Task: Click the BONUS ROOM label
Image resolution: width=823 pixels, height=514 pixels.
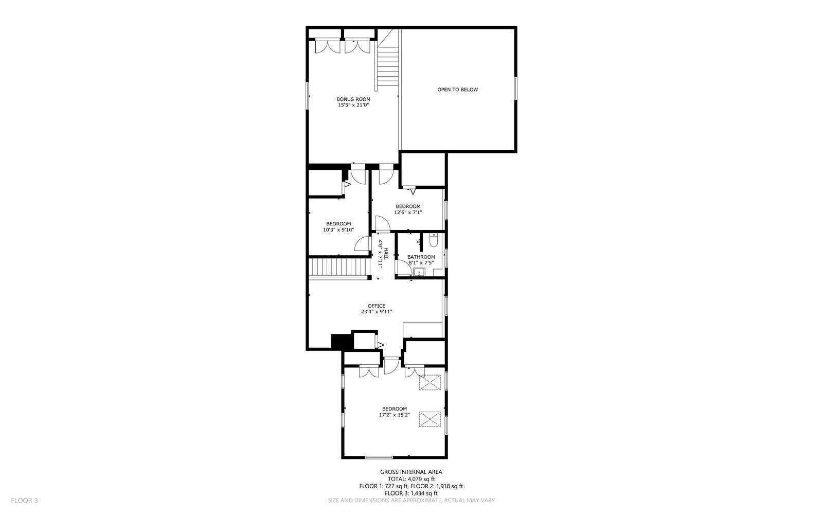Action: pos(353,99)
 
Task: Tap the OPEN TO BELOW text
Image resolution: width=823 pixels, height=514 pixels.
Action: pos(457,90)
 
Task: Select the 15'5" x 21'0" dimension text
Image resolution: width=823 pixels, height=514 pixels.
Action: pos(353,105)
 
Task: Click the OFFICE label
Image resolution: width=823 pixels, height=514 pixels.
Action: pos(377,306)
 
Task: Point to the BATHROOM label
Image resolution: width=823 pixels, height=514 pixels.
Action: pos(421,257)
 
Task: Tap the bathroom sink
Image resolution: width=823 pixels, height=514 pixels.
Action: pos(419,272)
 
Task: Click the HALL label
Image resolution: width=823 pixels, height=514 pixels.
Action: pos(386,253)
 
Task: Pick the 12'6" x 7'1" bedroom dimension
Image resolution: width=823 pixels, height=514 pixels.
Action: pos(408,212)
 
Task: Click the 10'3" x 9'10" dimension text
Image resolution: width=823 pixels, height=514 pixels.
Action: pos(338,230)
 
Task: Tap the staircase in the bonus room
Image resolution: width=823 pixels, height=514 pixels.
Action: pos(388,58)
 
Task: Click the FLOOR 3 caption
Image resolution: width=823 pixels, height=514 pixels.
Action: pos(24,501)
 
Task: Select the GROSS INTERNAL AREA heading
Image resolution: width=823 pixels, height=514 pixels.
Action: pos(411,472)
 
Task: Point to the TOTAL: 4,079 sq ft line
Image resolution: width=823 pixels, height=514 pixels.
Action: pos(411,479)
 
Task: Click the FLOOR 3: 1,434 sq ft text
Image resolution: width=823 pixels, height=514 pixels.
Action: pos(411,493)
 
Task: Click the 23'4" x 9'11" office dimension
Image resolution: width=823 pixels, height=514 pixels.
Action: pos(377,312)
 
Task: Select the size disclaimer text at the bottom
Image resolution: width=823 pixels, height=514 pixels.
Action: pos(411,501)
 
